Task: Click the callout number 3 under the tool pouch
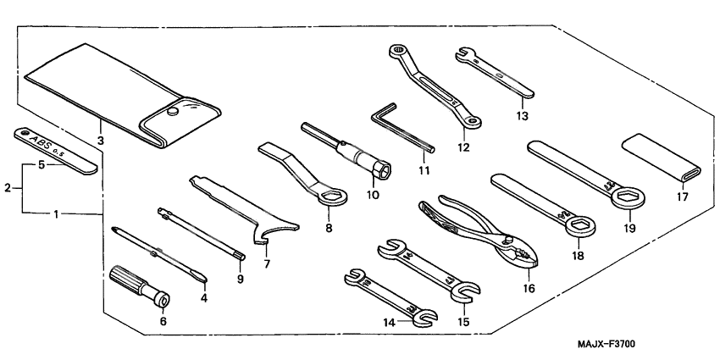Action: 100,140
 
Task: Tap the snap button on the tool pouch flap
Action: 173,111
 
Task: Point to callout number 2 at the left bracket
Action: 8,187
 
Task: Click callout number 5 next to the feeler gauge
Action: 41,166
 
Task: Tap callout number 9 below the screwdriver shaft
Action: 240,279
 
